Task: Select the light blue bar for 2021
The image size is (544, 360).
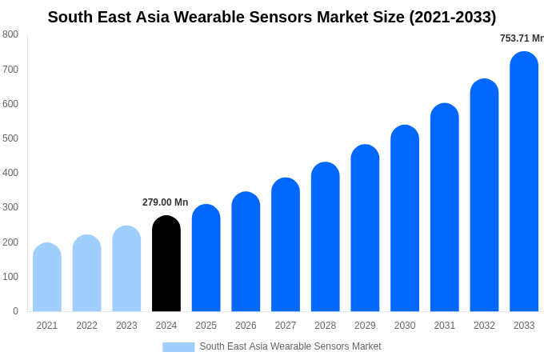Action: point(47,278)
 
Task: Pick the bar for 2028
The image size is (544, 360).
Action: point(326,238)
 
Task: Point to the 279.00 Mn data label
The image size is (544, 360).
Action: point(165,202)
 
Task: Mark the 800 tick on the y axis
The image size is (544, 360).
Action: point(10,34)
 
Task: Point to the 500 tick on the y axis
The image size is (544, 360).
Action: point(10,138)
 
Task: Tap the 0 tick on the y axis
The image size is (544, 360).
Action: point(15,311)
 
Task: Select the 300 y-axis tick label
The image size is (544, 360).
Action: point(10,207)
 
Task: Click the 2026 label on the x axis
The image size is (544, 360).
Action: point(246,326)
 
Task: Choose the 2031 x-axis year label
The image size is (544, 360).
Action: point(445,326)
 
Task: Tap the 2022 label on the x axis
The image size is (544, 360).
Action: point(86,326)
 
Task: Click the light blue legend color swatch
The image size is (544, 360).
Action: point(178,346)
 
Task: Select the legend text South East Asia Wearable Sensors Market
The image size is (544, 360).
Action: point(290,346)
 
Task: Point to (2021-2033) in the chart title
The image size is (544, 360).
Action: point(453,17)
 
